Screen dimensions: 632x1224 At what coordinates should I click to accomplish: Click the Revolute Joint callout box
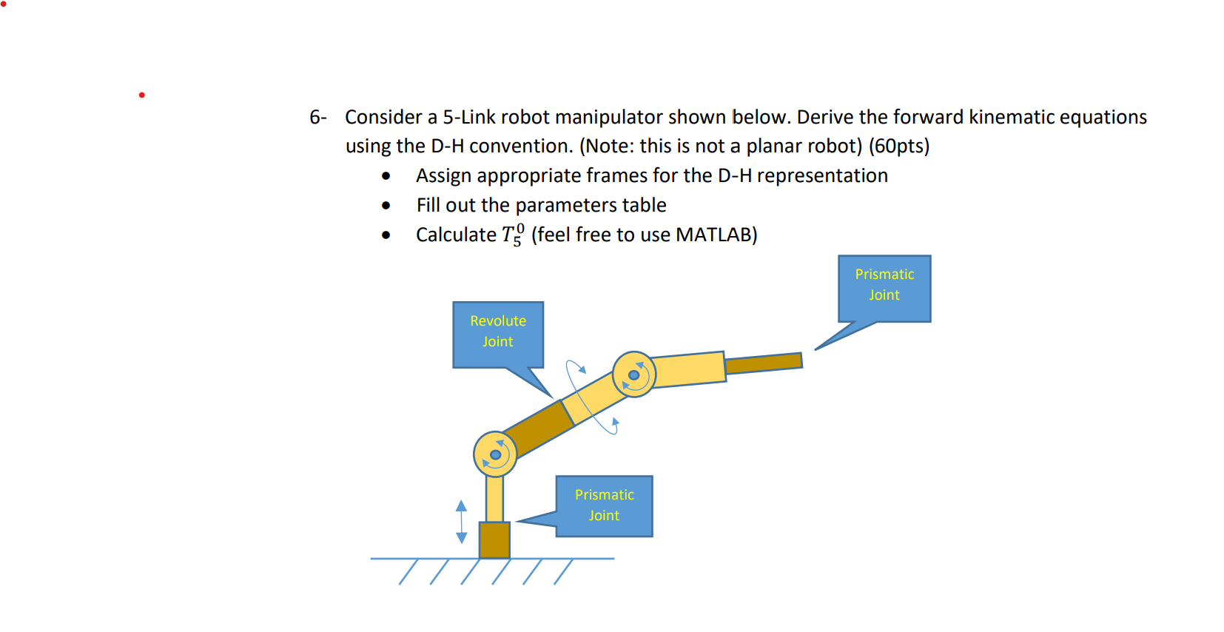[498, 334]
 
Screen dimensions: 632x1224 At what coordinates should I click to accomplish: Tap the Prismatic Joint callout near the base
[604, 505]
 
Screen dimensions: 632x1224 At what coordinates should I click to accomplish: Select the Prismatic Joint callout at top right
[884, 288]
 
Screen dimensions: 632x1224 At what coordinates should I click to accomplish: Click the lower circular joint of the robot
[495, 454]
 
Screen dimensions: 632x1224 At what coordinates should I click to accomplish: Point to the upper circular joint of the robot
[634, 374]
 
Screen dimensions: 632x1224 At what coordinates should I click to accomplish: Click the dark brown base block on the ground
[494, 540]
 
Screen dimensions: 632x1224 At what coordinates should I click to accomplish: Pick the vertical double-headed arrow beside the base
[462, 522]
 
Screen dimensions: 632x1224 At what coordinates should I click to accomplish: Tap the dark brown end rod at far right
[764, 363]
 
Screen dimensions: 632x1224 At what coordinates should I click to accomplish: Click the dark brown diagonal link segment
[538, 429]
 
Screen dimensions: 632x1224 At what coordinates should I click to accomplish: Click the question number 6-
[317, 117]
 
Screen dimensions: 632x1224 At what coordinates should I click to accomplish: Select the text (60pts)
[899, 146]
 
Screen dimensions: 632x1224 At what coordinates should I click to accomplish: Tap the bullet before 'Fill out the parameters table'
[386, 206]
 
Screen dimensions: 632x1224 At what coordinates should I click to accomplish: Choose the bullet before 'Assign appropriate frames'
[386, 176]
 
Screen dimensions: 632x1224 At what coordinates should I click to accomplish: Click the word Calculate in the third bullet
[456, 235]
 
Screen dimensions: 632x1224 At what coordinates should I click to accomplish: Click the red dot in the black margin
[142, 95]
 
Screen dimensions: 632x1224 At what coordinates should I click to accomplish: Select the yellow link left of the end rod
[688, 369]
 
